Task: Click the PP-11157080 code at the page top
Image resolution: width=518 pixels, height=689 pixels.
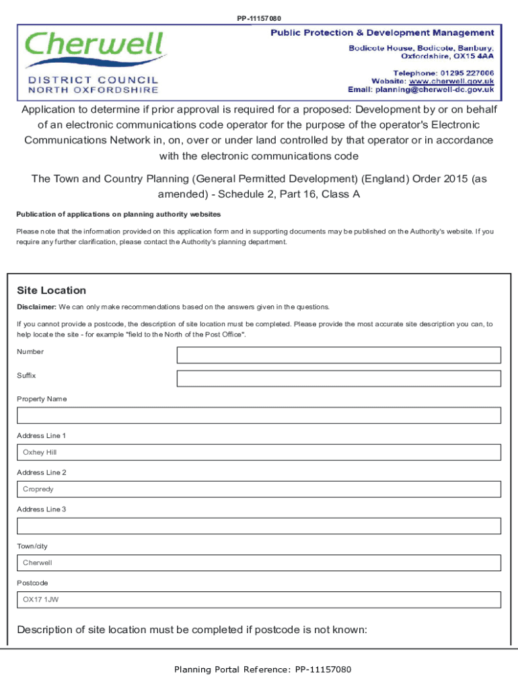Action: click(x=259, y=18)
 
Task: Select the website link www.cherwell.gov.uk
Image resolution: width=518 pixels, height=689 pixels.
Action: click(x=452, y=81)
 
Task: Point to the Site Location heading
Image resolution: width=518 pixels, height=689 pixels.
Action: click(x=51, y=291)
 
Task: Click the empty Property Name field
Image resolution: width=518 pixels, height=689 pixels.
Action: click(x=259, y=415)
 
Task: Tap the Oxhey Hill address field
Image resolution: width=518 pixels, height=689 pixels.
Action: click(x=259, y=452)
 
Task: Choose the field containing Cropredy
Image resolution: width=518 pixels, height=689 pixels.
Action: click(x=259, y=489)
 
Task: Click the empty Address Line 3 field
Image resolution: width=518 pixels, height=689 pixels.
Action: click(x=259, y=526)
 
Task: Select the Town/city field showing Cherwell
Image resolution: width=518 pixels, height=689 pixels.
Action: click(x=259, y=563)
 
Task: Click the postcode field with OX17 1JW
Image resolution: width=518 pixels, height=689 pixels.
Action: click(x=259, y=600)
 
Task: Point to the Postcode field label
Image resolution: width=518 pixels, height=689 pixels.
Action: click(x=32, y=583)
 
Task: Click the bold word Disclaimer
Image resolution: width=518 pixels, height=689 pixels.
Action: click(x=36, y=307)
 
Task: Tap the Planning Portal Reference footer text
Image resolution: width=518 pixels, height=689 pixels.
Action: click(x=262, y=669)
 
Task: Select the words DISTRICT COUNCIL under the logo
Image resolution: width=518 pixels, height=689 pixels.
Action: click(x=94, y=79)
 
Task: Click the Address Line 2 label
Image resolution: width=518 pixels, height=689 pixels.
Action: click(x=41, y=472)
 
